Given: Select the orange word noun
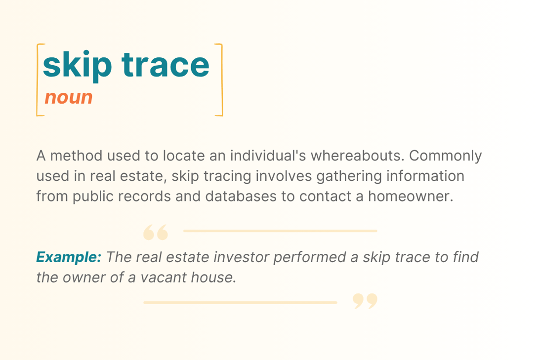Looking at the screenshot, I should point(69,97).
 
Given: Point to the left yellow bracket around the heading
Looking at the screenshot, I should point(38,80).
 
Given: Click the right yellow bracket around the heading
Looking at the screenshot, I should point(221,80).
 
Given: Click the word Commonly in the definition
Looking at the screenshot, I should point(446,156).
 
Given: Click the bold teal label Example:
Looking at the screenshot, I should point(69,257).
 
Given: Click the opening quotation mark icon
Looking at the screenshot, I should point(156,232).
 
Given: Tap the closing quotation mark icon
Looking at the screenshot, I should point(365,301).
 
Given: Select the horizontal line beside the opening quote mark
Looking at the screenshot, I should point(280,231).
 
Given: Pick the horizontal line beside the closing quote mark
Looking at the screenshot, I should point(240,302).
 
